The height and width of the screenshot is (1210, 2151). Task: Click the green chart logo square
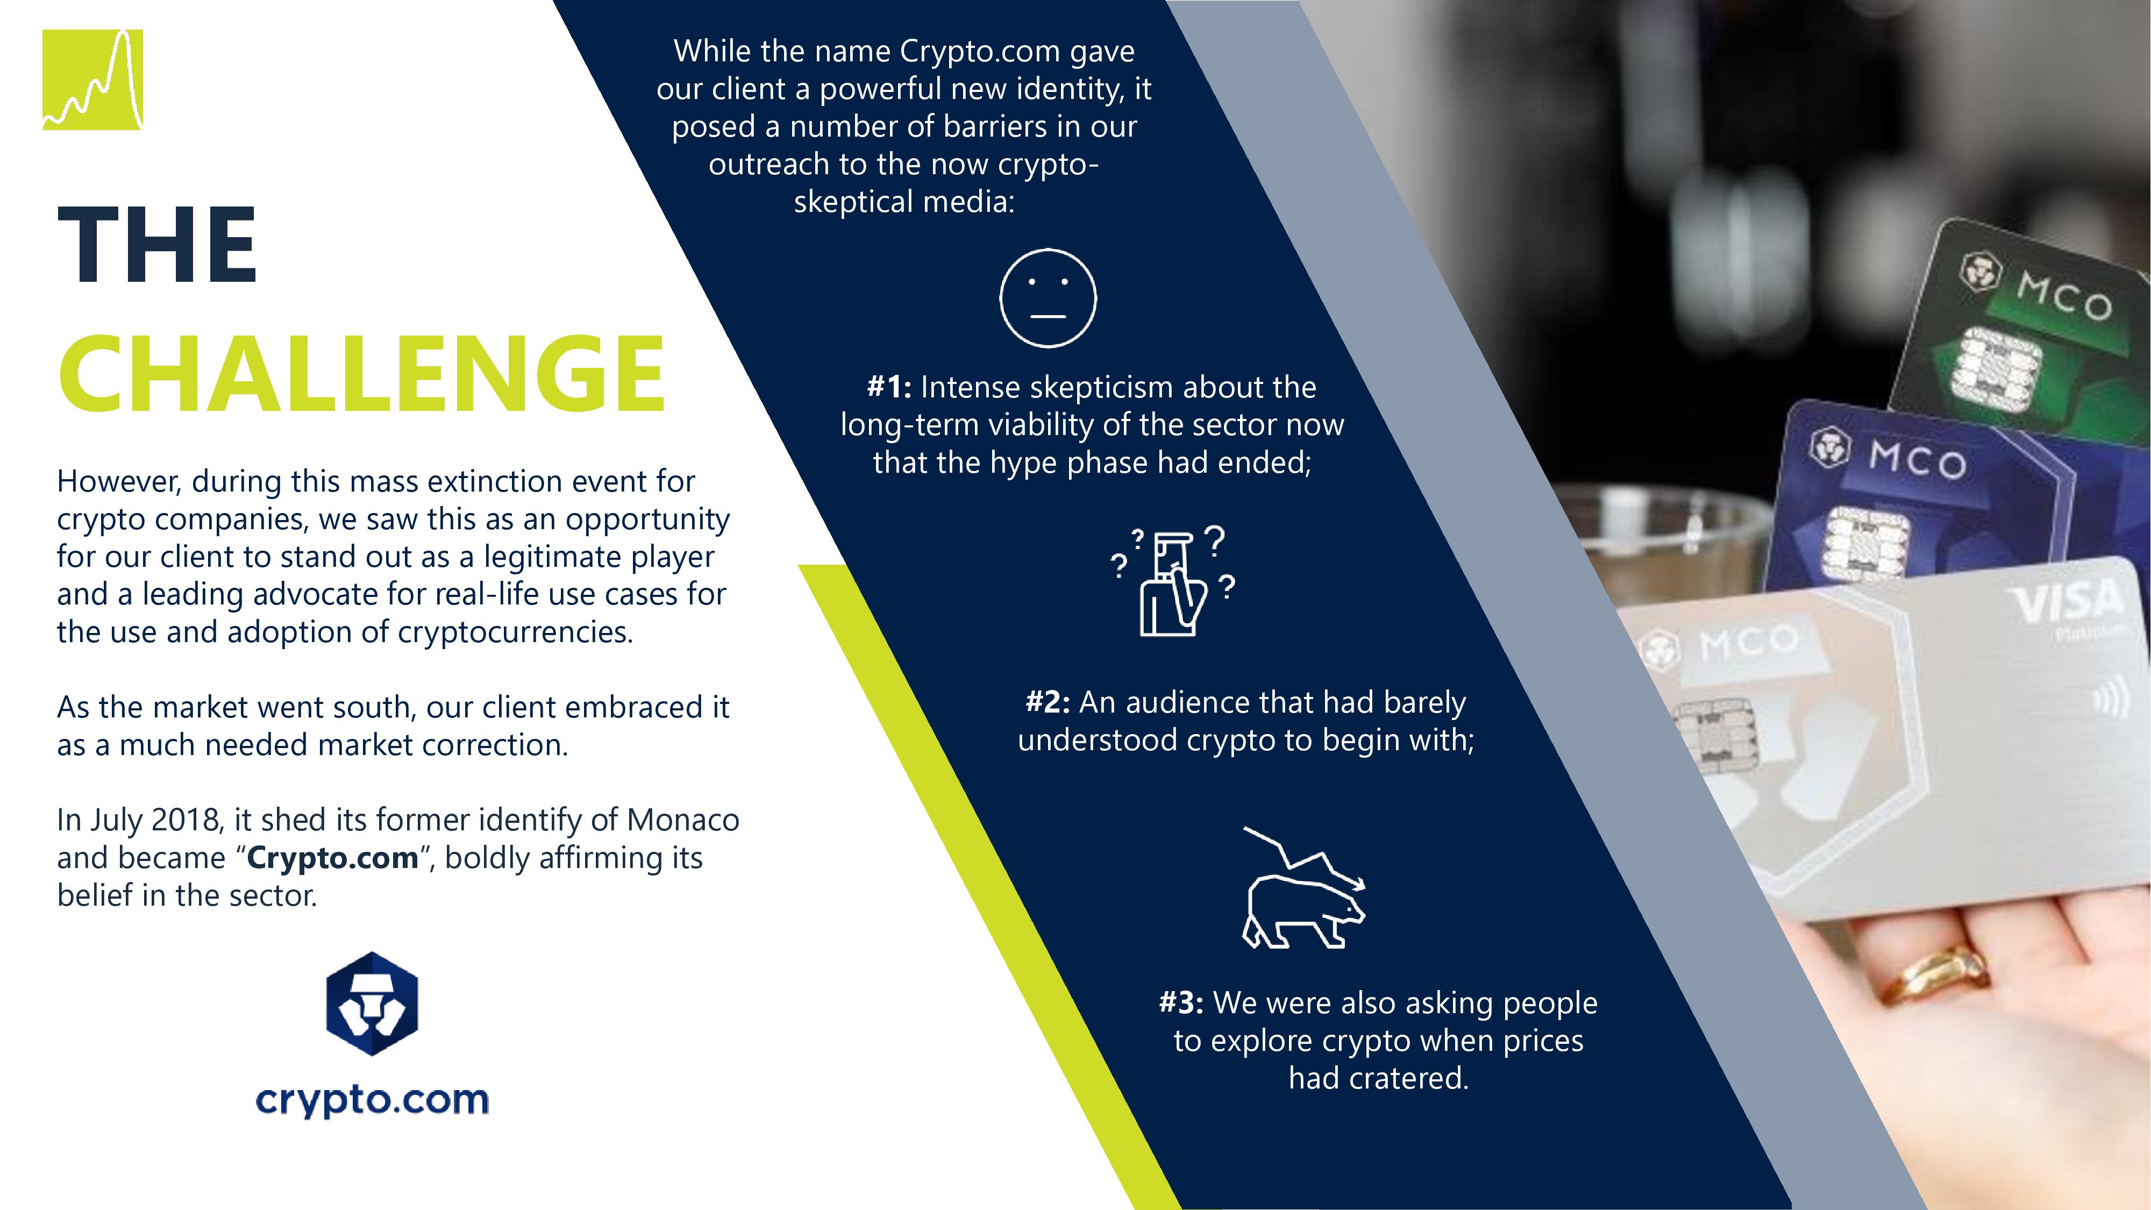click(x=92, y=80)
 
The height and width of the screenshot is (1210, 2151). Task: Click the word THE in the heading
click(x=158, y=246)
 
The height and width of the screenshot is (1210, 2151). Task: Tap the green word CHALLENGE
click(x=361, y=373)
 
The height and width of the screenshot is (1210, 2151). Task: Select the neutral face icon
click(x=1048, y=298)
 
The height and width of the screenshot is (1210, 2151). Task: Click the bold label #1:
click(x=889, y=387)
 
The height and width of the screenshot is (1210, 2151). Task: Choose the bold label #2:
click(x=1048, y=702)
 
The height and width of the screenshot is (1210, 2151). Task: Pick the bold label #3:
click(x=1181, y=1003)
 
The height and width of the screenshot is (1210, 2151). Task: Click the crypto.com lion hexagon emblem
click(x=372, y=1003)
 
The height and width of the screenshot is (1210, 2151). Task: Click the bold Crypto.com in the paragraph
click(x=332, y=858)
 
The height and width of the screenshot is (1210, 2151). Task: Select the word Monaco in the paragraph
click(x=683, y=820)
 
